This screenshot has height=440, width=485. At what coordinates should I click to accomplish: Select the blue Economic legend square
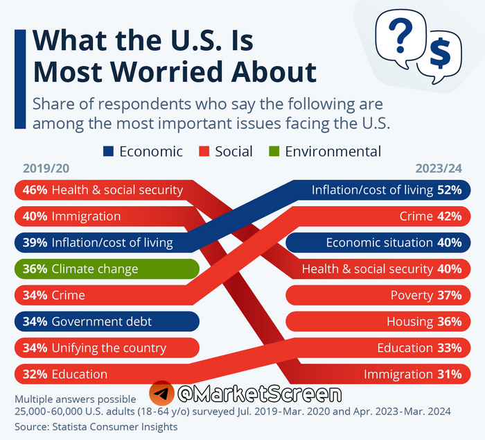coord(109,151)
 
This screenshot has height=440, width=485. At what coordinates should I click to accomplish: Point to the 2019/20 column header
coord(46,169)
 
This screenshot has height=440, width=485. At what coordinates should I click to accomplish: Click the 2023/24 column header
coord(438,169)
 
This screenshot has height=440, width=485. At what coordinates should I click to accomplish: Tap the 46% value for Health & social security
coord(35,189)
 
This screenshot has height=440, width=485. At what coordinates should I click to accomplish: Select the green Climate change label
coord(95,269)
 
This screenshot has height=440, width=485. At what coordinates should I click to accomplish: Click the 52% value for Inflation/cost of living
coord(449,189)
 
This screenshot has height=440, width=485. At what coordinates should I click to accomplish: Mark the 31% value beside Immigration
coord(449,374)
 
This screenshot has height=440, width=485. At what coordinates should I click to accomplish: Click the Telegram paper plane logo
coord(161,394)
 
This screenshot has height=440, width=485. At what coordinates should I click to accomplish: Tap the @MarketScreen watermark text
coord(259,394)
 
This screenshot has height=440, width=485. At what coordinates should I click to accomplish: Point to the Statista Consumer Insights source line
coord(96,426)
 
